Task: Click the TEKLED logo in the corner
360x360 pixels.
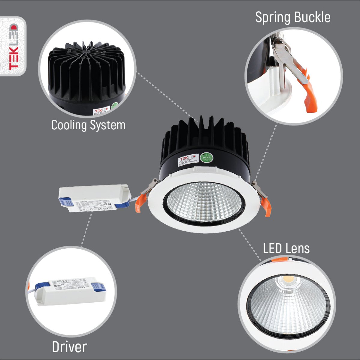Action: (14, 46)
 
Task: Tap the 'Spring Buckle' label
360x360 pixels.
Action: (292, 18)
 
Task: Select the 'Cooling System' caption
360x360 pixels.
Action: (88, 125)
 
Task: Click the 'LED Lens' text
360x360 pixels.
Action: (286, 249)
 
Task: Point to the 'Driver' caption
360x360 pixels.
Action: (69, 347)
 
